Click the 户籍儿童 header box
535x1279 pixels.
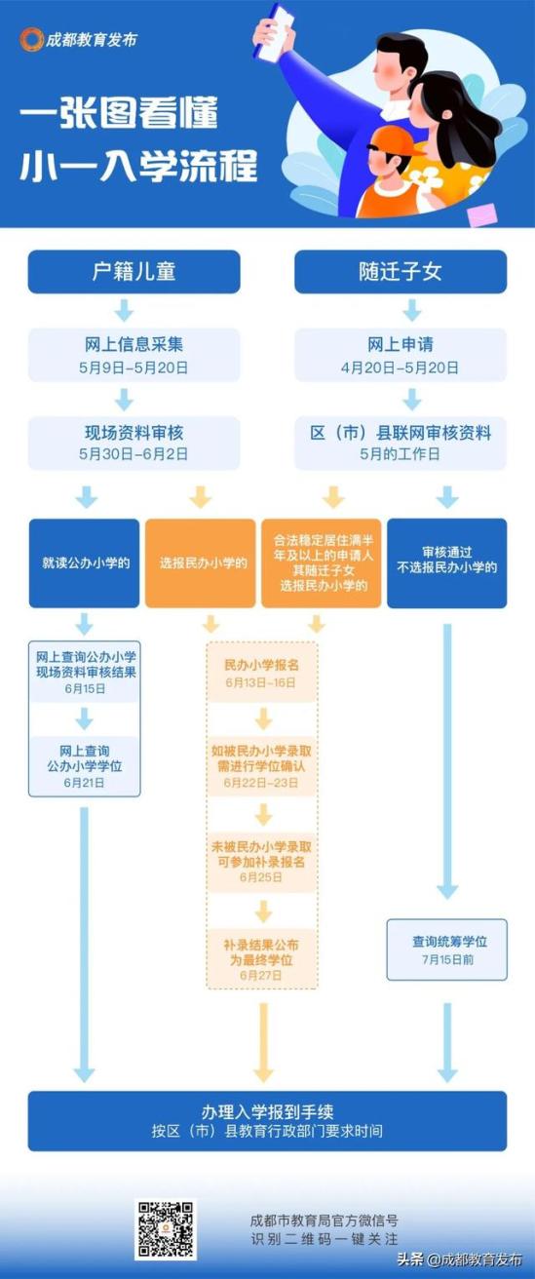pyautogui.click(x=134, y=272)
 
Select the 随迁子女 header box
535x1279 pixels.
pyautogui.click(x=401, y=272)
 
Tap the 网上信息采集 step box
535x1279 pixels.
pyautogui.click(x=134, y=355)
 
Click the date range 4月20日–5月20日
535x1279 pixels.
pyautogui.click(x=401, y=368)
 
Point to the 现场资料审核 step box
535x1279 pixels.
pyautogui.click(x=134, y=444)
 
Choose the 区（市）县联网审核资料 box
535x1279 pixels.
pyautogui.click(x=401, y=444)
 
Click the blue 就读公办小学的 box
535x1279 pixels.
pyautogui.click(x=85, y=563)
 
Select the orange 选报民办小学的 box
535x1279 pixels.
pyautogui.click(x=201, y=563)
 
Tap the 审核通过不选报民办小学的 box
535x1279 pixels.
pyautogui.click(x=447, y=563)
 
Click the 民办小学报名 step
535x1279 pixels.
pyautogui.click(x=261, y=673)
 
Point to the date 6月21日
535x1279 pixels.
pyautogui.click(x=85, y=783)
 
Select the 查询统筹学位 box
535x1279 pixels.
pyautogui.click(x=447, y=950)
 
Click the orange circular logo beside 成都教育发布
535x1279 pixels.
pyautogui.click(x=31, y=39)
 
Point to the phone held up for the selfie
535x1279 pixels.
pyautogui.click(x=277, y=32)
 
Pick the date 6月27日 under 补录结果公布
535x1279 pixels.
pyautogui.click(x=261, y=975)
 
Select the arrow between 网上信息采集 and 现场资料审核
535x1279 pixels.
pyautogui.click(x=124, y=399)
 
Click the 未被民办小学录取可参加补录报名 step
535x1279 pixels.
pyautogui.click(x=261, y=862)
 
